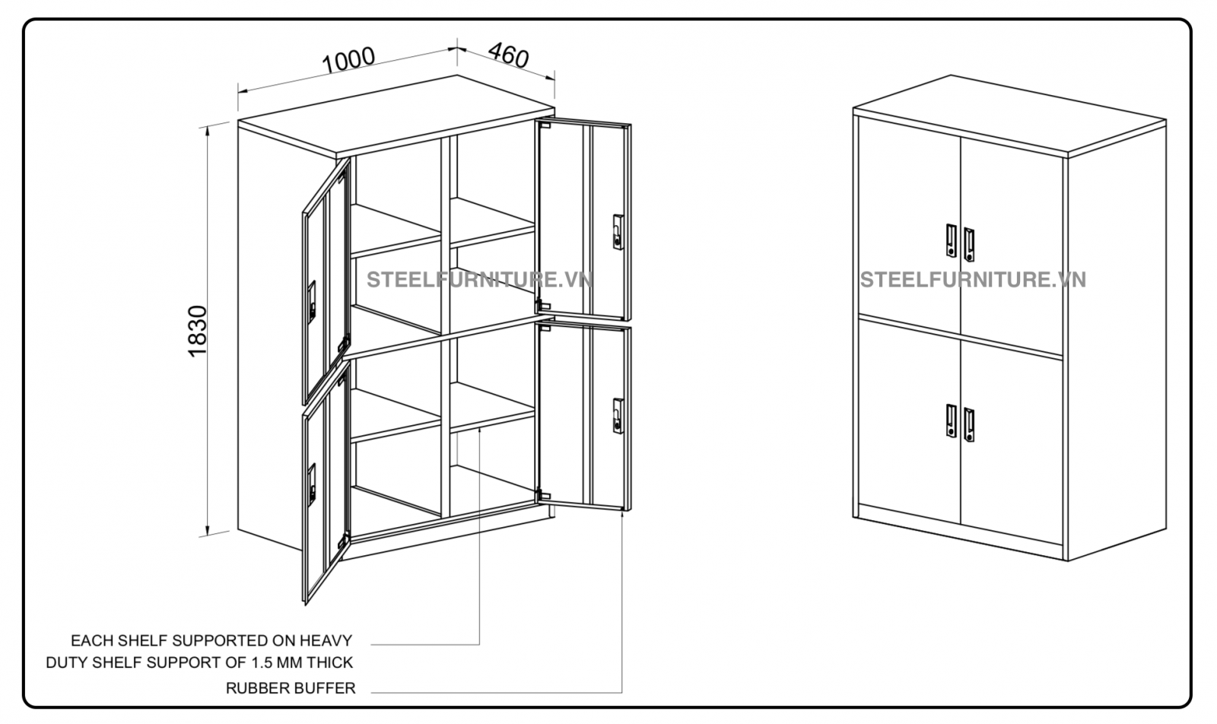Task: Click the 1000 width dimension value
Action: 348,60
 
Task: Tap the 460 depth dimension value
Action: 509,55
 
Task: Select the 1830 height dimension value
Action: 198,331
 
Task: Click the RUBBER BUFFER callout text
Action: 291,688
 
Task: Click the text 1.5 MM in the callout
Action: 277,662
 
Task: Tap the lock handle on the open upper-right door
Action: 618,232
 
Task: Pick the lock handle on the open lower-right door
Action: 618,416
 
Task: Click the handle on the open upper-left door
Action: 312,303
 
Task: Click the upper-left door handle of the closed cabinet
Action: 951,240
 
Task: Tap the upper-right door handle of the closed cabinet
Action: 969,244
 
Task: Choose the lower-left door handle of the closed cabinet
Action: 951,421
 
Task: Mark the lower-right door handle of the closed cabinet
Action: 969,424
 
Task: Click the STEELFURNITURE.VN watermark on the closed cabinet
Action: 973,280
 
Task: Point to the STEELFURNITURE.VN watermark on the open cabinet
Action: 480,280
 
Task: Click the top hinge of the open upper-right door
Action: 545,125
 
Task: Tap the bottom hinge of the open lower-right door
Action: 544,495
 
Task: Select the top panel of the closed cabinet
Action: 1009,116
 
